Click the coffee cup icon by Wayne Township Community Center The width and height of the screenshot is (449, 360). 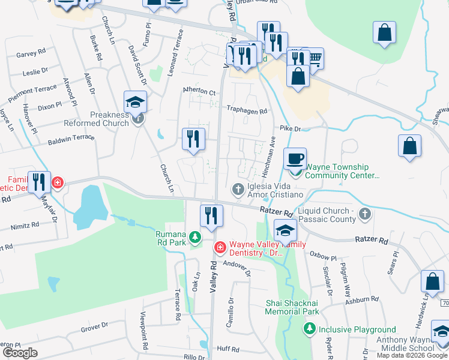click(x=294, y=159)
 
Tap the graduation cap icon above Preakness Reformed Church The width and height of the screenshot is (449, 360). click(x=136, y=101)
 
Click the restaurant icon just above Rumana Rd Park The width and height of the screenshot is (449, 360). click(x=211, y=216)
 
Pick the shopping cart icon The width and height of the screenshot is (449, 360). click(x=313, y=59)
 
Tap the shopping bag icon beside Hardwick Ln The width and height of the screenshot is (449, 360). click(x=432, y=281)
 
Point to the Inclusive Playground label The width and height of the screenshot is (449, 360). click(x=357, y=329)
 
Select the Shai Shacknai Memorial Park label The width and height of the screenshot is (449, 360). click(x=292, y=308)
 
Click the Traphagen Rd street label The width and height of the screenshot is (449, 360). click(x=246, y=110)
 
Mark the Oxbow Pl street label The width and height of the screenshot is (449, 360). click(x=321, y=254)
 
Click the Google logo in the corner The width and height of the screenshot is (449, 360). click(x=20, y=353)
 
